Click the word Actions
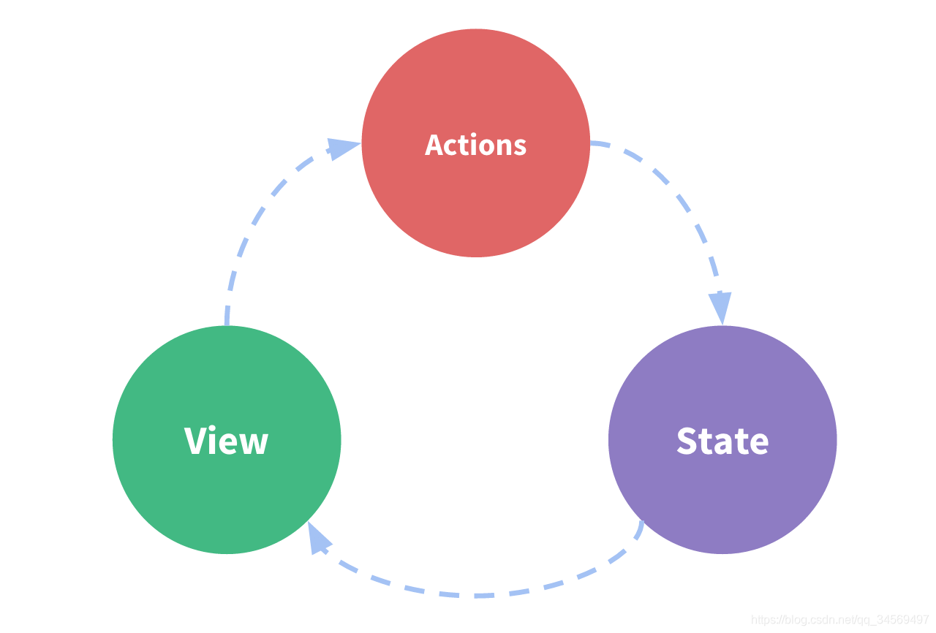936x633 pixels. click(x=475, y=145)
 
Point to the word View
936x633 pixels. click(x=227, y=441)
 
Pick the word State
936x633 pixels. click(x=722, y=441)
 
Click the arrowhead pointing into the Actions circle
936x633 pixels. click(x=342, y=148)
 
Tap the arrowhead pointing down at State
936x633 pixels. click(x=720, y=307)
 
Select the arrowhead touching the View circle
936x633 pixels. click(x=318, y=539)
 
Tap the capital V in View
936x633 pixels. click(x=195, y=441)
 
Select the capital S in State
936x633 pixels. click(x=687, y=441)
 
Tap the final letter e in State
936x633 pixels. click(x=758, y=443)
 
